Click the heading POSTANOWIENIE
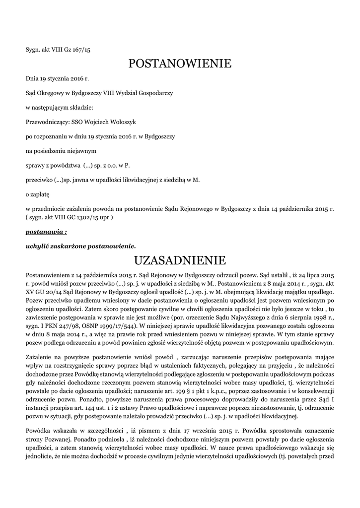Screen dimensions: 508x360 [x=180, y=63]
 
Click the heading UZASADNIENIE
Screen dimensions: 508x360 [x=180, y=260]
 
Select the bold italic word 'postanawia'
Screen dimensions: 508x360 [x=44, y=231]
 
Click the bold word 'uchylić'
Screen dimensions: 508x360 [x=38, y=246]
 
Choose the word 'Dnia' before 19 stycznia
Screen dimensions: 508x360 [x=32, y=78]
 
